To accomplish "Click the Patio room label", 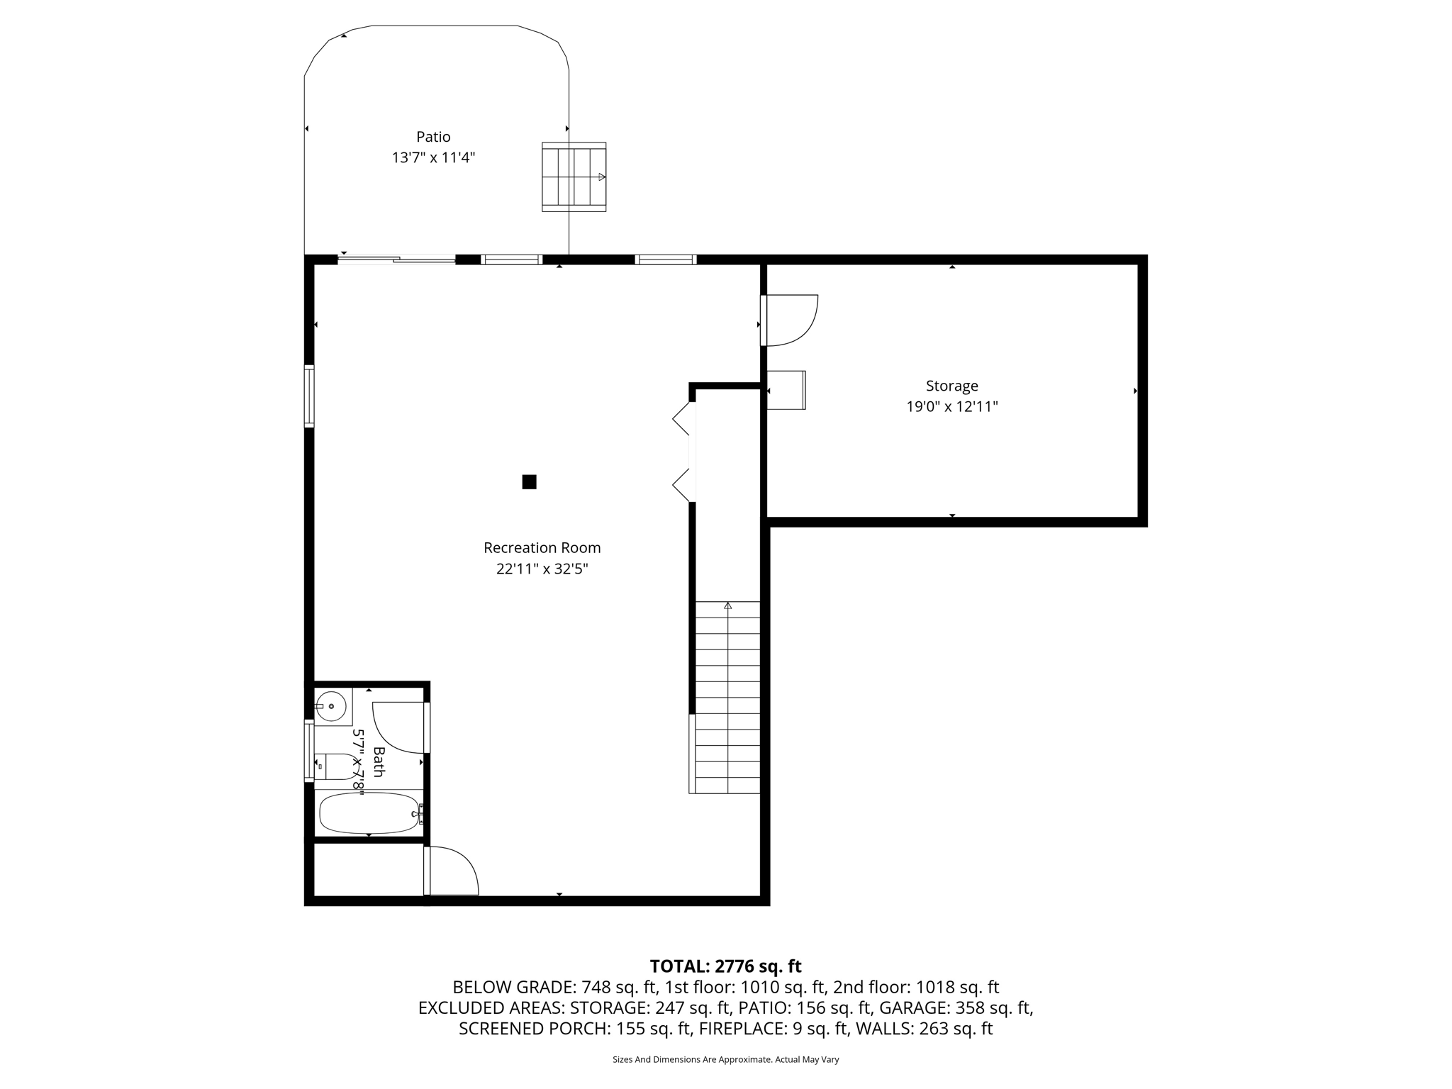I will tap(432, 137).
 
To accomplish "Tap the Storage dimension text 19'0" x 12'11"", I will tap(951, 407).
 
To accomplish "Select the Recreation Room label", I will tap(542, 548).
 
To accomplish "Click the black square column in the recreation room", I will tap(529, 482).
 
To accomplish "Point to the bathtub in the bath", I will tap(369, 813).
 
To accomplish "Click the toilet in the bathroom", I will tap(336, 766).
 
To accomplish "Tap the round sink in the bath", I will tap(330, 706).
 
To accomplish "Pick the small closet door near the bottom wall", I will tap(451, 871).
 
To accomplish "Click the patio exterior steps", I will tap(574, 177).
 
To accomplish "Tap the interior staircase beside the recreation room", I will tap(727, 698).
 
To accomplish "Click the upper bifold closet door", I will tap(682, 418).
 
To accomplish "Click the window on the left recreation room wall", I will tap(309, 396).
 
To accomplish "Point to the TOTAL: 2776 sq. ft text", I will tap(725, 966).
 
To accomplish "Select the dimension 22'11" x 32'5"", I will tap(542, 569).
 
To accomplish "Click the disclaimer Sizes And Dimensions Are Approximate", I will tap(725, 1059).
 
